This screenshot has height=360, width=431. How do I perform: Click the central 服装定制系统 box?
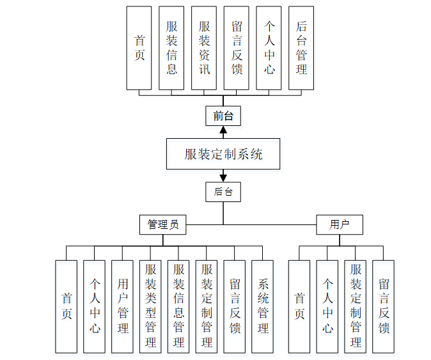[223, 154]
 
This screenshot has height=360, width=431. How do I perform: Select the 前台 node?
[223, 116]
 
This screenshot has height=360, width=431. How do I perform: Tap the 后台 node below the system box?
[223, 192]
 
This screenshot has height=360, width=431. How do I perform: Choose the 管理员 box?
[163, 224]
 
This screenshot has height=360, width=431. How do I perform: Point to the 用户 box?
[339, 224]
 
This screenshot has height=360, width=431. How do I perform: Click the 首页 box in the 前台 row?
[139, 48]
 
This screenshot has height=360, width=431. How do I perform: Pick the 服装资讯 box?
[204, 48]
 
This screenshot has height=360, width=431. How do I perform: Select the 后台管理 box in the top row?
[301, 48]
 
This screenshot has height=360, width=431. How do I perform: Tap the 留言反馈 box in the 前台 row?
[237, 48]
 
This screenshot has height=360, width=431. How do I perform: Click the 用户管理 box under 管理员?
[123, 306]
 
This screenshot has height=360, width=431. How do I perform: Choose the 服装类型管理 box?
[151, 306]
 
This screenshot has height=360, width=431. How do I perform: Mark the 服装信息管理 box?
[179, 306]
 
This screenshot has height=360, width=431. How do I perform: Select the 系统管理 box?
[263, 306]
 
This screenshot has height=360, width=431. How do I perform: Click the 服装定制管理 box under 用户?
[356, 306]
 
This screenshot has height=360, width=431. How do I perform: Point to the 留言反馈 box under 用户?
[384, 306]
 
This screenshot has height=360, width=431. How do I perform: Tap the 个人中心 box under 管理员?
[95, 306]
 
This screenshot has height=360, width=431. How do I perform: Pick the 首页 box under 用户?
[299, 306]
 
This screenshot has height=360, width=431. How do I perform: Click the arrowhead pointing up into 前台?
[223, 131]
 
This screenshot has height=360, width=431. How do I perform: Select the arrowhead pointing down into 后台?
[223, 176]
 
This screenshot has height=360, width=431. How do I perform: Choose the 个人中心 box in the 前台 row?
[269, 48]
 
